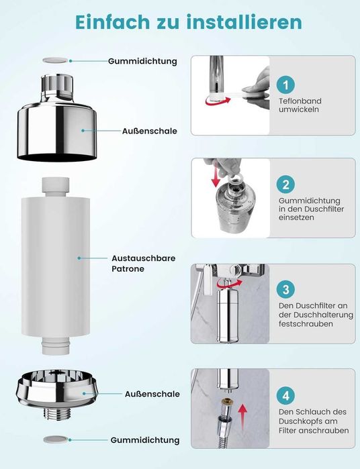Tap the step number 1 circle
[x=285, y=85]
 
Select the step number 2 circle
[x=285, y=185]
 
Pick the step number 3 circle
[x=285, y=289]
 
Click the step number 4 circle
[x=285, y=395]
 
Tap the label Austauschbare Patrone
[x=144, y=263]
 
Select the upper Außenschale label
[x=150, y=131]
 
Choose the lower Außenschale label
[x=152, y=394]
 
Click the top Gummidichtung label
[x=142, y=61]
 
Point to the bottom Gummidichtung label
[x=145, y=440]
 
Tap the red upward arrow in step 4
[x=242, y=417]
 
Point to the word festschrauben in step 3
[x=306, y=323]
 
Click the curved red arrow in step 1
[x=218, y=101]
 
